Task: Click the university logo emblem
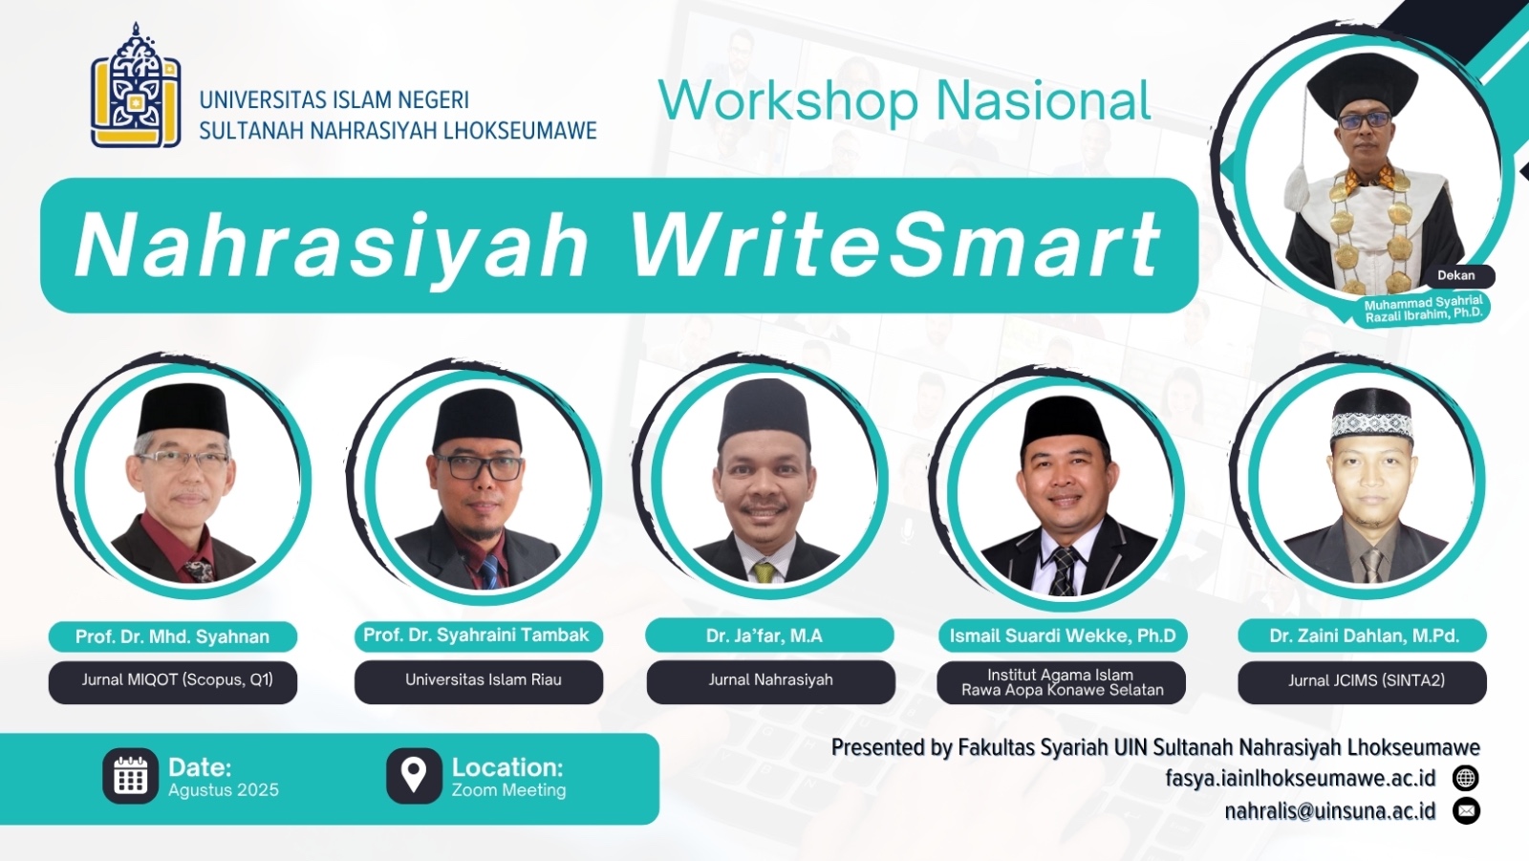coord(136,86)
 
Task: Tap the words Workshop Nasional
coord(904,101)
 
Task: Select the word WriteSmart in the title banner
coord(894,245)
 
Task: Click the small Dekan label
coord(1456,276)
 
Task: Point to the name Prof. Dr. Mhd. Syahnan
coord(172,637)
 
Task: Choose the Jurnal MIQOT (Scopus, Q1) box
coord(173,681)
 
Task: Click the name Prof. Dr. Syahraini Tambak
coord(478,635)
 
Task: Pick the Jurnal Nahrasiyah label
coord(770,680)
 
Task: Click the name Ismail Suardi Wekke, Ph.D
coord(1062,636)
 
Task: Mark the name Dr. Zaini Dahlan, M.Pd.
coord(1363,636)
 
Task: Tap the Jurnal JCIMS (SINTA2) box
coord(1363,681)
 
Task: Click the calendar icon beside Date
coord(130,776)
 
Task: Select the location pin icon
coord(414,776)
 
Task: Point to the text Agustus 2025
coord(224,790)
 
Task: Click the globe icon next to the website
coord(1466,779)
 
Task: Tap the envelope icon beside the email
coord(1466,811)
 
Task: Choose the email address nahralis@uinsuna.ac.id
coord(1329,811)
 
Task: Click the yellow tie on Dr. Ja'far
coord(764,571)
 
